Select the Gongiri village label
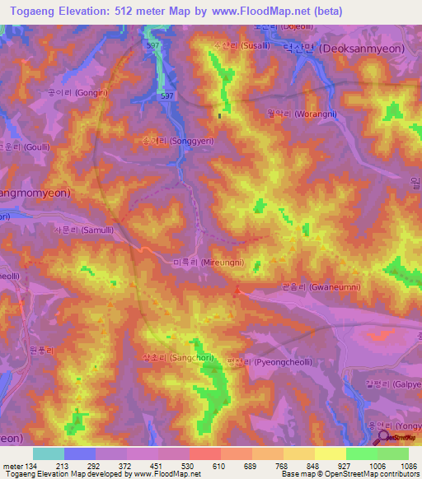tap(62, 93)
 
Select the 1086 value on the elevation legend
tap(399, 466)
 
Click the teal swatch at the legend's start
tap(49, 453)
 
